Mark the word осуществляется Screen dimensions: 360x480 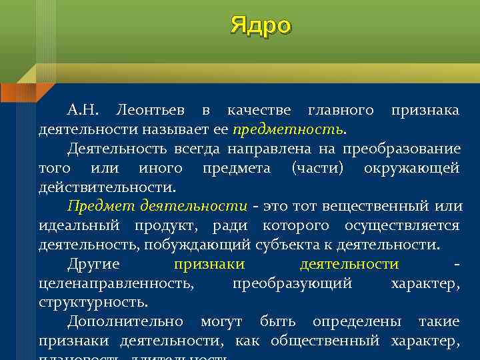[401, 225]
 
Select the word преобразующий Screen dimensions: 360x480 [292, 283]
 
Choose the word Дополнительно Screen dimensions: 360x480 [125, 322]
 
